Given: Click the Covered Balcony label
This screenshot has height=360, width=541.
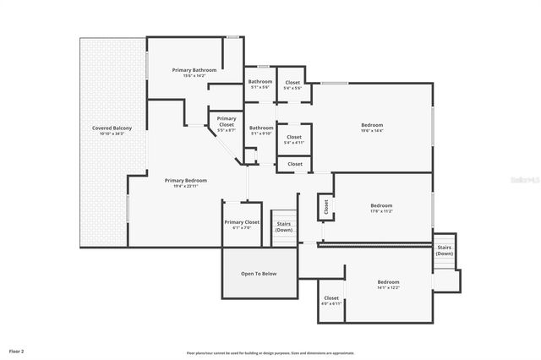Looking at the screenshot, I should coord(112,128).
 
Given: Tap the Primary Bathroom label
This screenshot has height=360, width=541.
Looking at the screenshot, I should coord(194,69).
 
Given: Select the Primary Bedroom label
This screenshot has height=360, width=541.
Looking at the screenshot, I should coord(186,180).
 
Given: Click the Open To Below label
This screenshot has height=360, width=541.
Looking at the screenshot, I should coord(259,274).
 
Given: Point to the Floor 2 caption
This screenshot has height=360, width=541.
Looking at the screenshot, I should coord(17,350).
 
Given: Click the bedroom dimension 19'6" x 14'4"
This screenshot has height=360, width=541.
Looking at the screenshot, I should coord(372,131).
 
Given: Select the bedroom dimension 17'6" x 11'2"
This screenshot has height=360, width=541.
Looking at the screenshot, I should coord(381,211).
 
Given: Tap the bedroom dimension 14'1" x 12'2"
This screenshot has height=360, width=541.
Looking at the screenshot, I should coord(388,287).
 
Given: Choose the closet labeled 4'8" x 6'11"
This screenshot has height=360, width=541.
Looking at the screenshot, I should coord(331,303).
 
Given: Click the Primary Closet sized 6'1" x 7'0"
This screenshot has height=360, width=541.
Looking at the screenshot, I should coord(242,227).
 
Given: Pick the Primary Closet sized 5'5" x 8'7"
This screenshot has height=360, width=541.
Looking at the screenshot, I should coord(227,131).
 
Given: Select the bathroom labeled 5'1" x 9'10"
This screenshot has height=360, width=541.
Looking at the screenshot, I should coord(260,134).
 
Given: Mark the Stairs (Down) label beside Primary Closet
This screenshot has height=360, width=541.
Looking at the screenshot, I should coord(284,226).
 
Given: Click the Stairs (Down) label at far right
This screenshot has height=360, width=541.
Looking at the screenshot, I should coord(445,250).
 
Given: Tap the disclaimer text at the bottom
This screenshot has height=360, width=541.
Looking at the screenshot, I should coord(270,352).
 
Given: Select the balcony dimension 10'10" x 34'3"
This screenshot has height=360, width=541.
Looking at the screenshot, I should coord(112,134).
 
